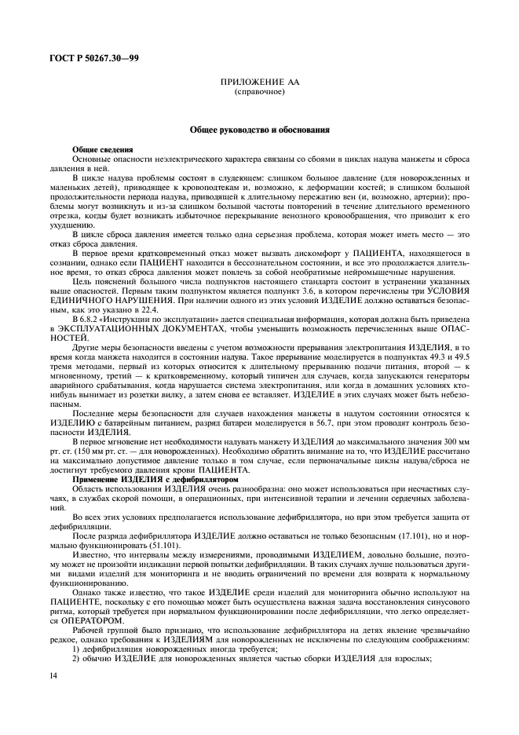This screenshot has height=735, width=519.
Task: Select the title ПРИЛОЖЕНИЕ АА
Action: (x=259, y=82)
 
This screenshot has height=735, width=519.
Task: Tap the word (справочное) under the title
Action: (x=259, y=92)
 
